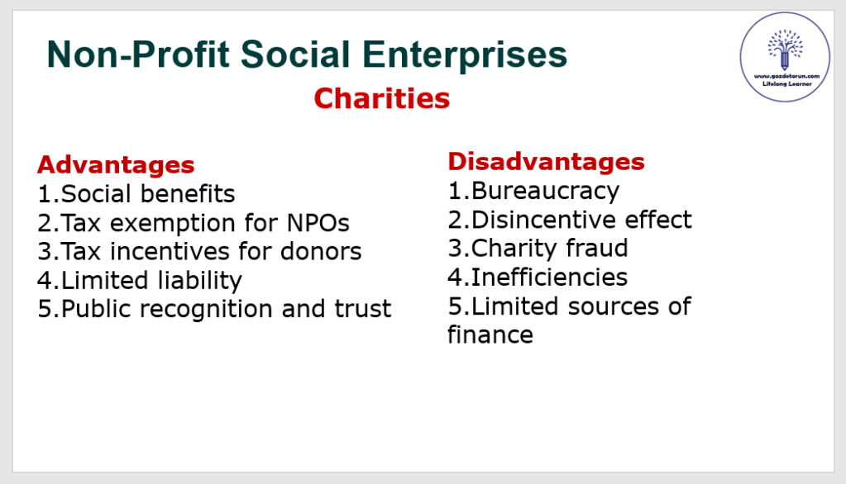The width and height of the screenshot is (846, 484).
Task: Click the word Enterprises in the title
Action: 465,55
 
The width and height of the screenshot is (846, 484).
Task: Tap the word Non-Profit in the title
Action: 139,54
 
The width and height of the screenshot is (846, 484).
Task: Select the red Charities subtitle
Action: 381,98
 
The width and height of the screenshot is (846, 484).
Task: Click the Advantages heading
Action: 116,165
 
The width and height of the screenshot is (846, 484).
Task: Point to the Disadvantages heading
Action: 546,161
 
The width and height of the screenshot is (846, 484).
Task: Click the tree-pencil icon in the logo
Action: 785,50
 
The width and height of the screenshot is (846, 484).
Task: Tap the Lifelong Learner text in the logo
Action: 786,84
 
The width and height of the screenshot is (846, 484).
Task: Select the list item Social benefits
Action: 148,194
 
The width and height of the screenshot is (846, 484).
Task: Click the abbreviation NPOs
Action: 318,223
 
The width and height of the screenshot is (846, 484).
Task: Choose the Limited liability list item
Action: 151,281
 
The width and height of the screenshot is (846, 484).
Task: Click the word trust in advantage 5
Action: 362,309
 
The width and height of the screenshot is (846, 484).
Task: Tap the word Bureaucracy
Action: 545,192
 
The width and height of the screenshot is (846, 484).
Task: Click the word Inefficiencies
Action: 549,277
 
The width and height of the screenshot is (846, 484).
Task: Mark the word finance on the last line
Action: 490,335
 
